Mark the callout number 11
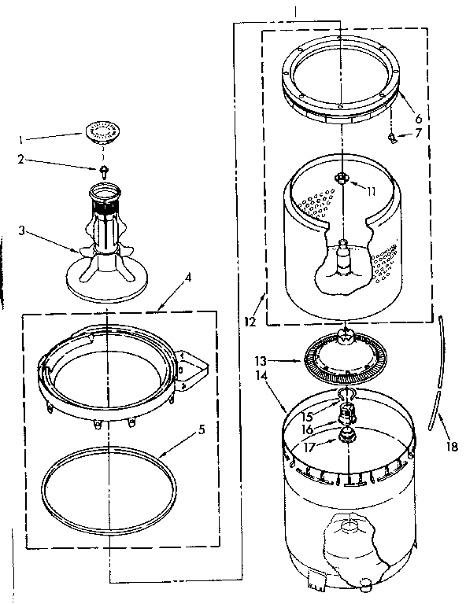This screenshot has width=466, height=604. point(370,190)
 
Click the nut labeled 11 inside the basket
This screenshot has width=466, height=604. point(341,179)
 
